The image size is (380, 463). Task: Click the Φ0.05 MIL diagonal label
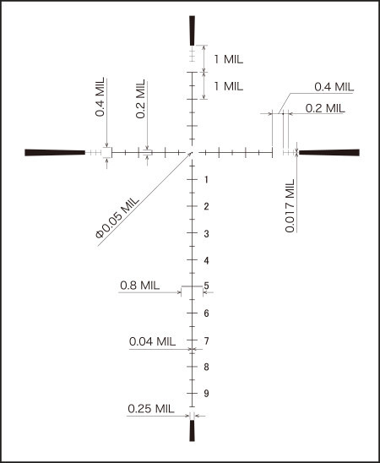pyautogui.click(x=117, y=218)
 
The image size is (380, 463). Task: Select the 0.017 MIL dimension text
pyautogui.click(x=290, y=205)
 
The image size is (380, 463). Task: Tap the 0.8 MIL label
pyautogui.click(x=140, y=286)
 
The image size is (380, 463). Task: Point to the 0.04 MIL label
pyautogui.click(x=152, y=341)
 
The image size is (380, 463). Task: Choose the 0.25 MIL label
pyautogui.click(x=151, y=409)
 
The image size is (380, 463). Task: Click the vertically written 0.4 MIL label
pyautogui.click(x=100, y=97)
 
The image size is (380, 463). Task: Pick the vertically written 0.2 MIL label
pyautogui.click(x=140, y=99)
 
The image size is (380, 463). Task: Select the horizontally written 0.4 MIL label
pyautogui.click(x=334, y=87)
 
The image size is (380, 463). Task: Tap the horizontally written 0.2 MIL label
pyautogui.click(x=325, y=108)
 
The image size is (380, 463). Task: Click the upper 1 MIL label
pyautogui.click(x=229, y=59)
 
